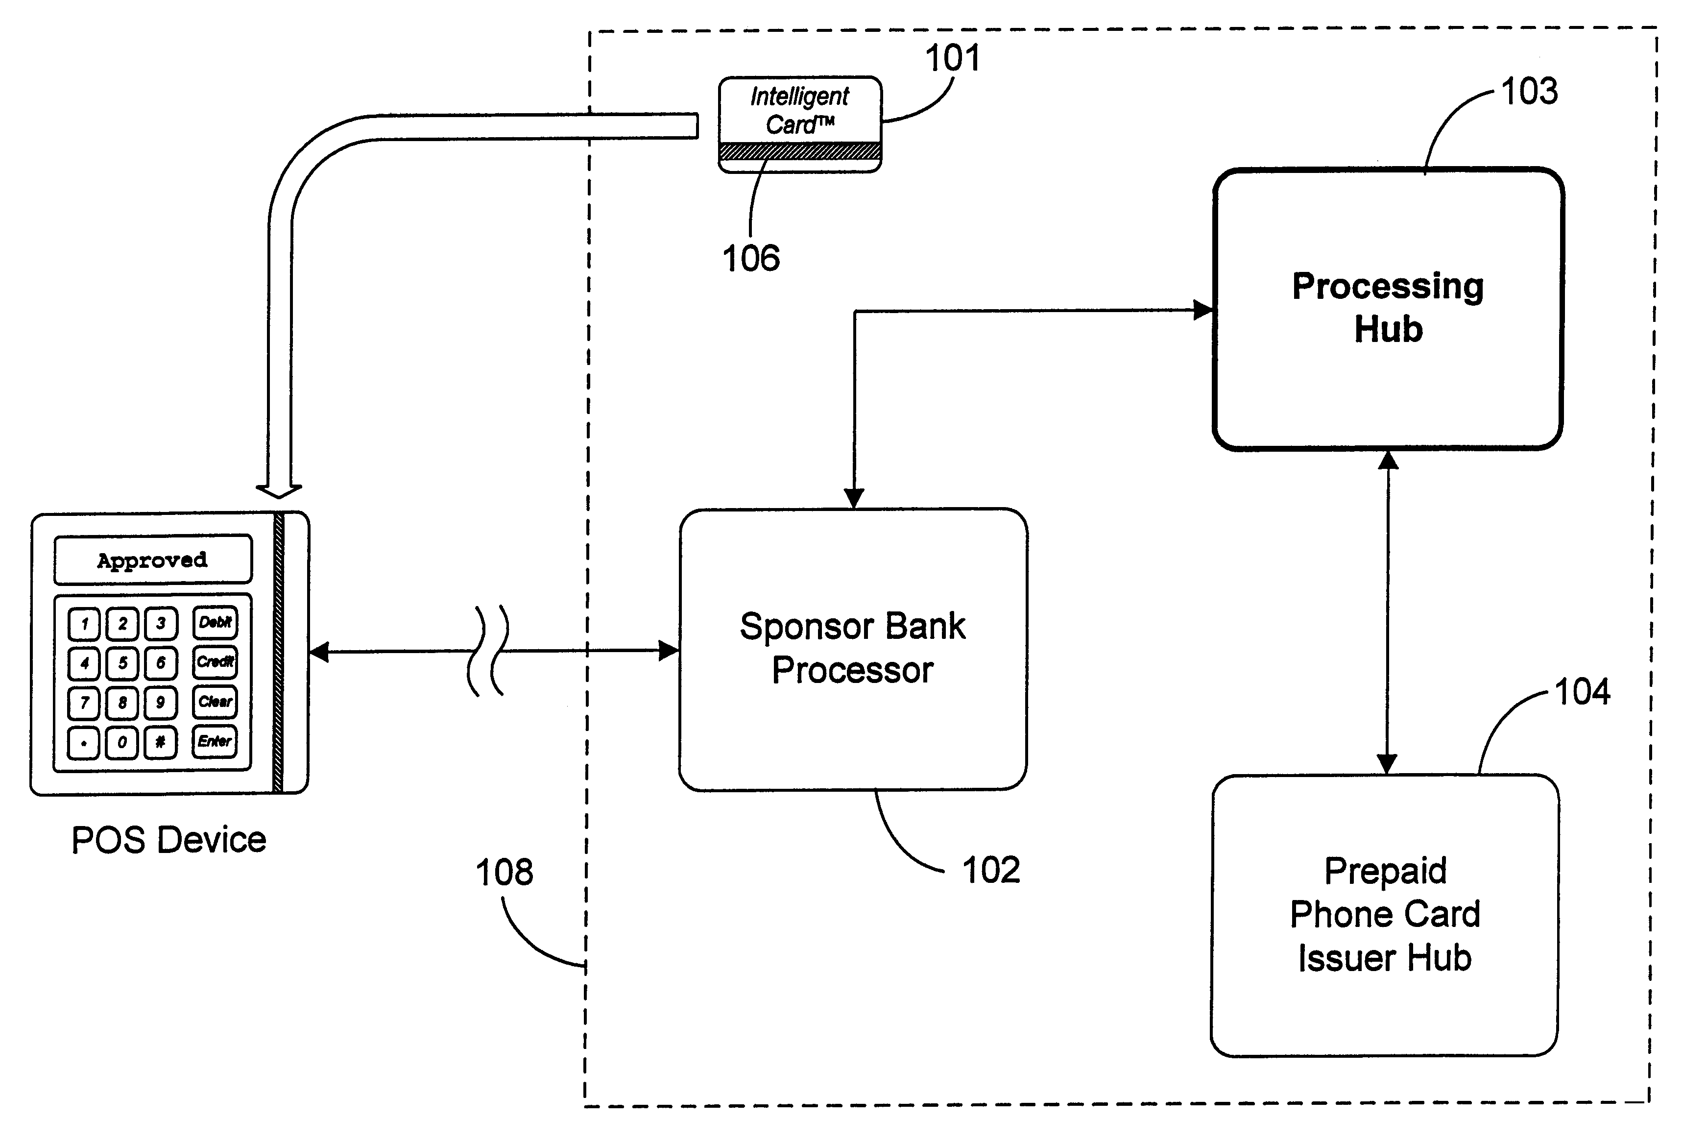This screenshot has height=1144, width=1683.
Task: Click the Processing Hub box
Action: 1388,309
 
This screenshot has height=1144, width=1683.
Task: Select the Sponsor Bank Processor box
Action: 852,649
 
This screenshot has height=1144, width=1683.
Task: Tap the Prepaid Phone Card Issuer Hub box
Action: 1384,914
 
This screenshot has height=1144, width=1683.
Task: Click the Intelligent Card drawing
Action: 799,123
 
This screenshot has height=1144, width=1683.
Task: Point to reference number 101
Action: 952,58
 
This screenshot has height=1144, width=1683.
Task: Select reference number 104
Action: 1582,692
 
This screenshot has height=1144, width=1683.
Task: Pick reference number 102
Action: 990,870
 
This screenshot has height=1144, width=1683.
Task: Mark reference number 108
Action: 504,872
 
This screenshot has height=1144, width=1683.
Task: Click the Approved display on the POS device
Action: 153,560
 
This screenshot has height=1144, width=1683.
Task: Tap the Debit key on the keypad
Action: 215,622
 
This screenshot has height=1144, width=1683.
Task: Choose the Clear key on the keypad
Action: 215,701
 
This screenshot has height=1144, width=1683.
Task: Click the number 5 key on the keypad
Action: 122,663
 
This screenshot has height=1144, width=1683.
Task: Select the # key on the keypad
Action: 160,742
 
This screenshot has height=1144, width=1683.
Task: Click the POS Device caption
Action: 168,840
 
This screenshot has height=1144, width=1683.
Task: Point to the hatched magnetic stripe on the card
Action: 799,151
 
